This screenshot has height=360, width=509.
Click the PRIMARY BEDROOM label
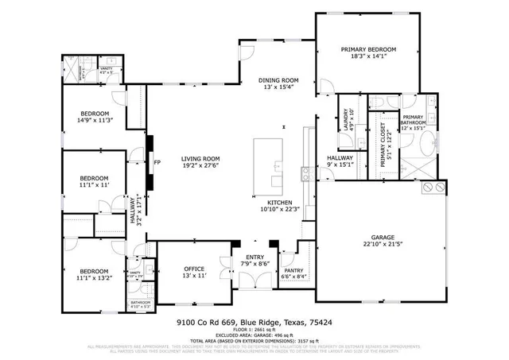[368, 50]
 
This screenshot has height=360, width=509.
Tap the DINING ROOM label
[278, 80]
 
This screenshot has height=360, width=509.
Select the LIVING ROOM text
[200, 158]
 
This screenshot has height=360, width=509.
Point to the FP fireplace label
[157, 163]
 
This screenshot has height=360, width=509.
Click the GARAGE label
[383, 237]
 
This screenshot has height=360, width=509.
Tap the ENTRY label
[255, 257]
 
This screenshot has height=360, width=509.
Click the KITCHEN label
[281, 203]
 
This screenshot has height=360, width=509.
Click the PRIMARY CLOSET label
[383, 144]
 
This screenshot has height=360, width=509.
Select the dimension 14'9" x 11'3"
[95, 120]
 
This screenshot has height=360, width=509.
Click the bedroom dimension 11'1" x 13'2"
[95, 278]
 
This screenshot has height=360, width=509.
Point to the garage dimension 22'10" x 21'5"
[383, 244]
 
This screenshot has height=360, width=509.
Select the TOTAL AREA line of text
[254, 341]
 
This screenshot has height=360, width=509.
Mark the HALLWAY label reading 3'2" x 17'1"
[136, 211]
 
